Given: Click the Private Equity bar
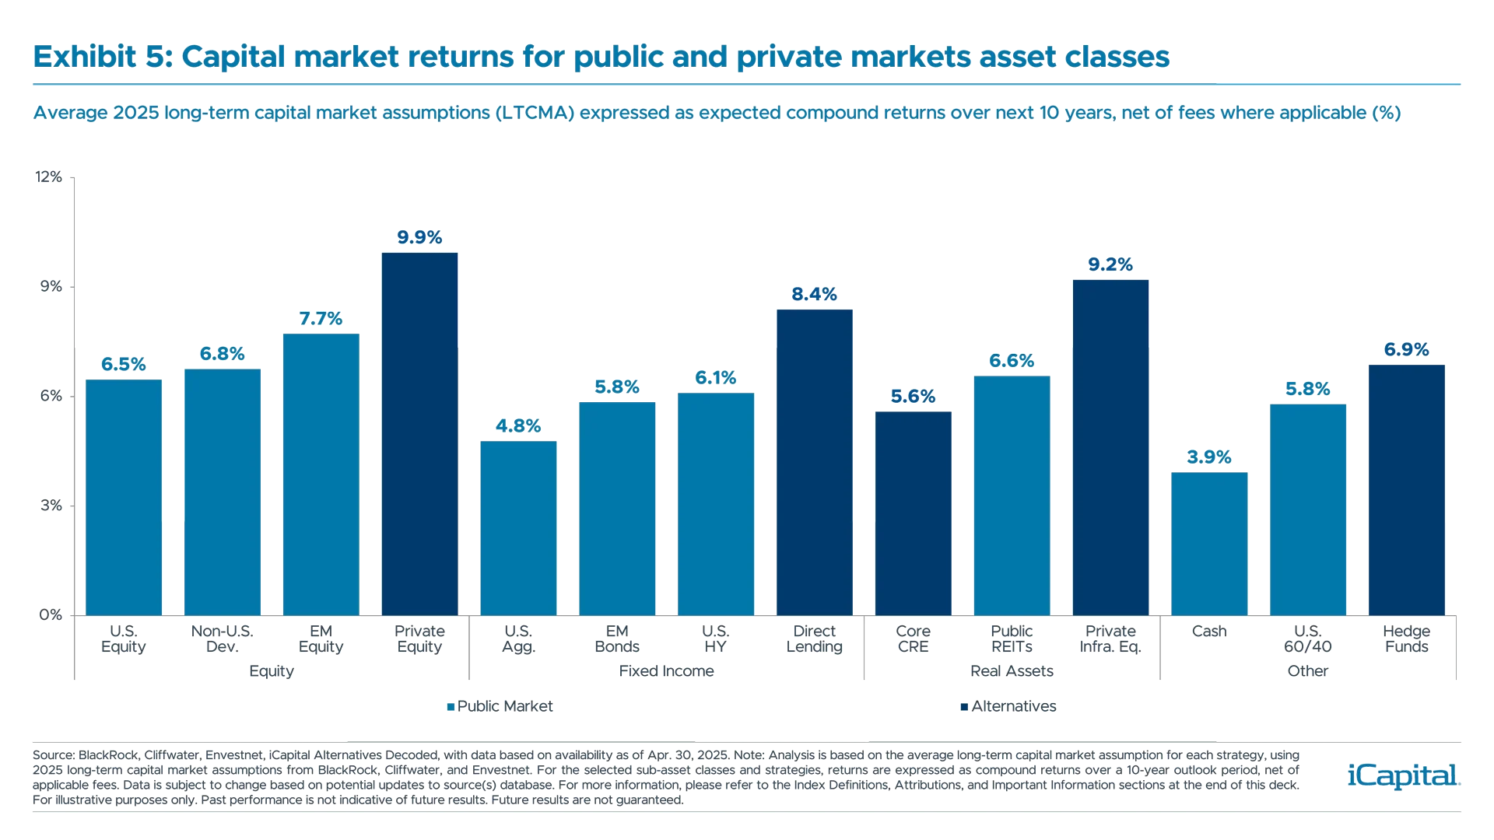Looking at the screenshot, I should coord(419,433).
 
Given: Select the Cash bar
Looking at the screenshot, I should coord(1209,543).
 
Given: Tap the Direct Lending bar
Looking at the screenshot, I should coord(814,461).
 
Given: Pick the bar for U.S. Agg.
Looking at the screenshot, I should coord(518,527).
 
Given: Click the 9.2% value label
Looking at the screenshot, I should coord(1110,265).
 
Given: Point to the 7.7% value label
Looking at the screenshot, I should coord(321,319).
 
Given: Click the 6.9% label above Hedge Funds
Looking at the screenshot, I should coord(1406,350).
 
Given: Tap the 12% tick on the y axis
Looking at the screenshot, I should coord(48,178).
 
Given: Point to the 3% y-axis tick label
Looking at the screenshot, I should coord(50,506).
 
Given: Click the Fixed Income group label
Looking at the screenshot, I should coord(666,670).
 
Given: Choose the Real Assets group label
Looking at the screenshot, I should coord(1012,670).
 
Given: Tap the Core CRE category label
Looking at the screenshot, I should coord(913,639).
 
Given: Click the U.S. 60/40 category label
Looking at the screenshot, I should coord(1307,639).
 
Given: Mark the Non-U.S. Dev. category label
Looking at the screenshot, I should coord(222,639).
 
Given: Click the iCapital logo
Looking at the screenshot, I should coord(1401,775).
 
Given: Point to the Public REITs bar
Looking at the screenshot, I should coord(1012,495).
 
